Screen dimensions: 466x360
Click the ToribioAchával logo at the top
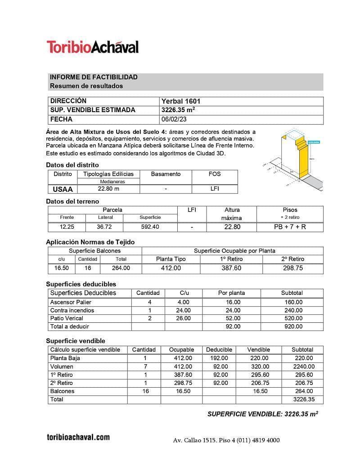92,47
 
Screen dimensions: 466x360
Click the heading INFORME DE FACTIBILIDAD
94,77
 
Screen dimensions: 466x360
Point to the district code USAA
63,189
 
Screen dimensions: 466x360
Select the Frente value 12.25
67,227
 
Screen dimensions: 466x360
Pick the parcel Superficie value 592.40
150,227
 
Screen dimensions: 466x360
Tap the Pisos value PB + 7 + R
290,227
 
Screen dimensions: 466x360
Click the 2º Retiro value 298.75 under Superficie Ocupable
292,268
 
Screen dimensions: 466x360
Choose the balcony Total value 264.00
121,268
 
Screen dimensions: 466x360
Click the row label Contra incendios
72,310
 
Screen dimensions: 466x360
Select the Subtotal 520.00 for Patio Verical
293,318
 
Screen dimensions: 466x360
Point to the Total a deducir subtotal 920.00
293,326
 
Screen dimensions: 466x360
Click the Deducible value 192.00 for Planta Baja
219,358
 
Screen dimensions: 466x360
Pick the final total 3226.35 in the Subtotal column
303,399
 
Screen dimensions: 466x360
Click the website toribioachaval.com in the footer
78,437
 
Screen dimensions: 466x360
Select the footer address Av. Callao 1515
195,440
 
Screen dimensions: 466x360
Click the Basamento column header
166,174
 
